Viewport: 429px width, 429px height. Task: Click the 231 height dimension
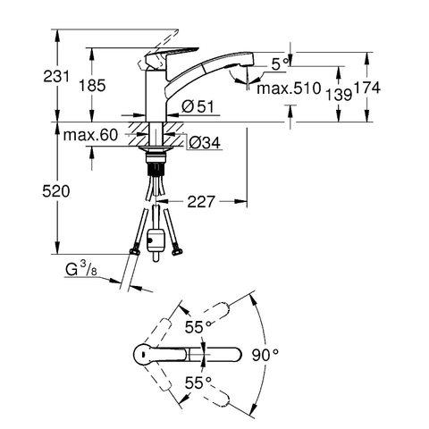click(56, 76)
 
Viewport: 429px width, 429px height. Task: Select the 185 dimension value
click(92, 86)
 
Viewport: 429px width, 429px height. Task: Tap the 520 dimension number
click(56, 191)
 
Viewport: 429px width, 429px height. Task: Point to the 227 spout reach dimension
click(201, 202)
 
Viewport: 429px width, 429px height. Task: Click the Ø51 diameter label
click(198, 106)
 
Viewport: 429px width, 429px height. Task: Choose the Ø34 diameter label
click(205, 143)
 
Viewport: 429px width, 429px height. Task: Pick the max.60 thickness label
click(90, 135)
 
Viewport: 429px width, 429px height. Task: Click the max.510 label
click(289, 88)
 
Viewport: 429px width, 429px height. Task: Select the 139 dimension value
click(338, 95)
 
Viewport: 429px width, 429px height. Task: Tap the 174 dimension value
click(367, 88)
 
